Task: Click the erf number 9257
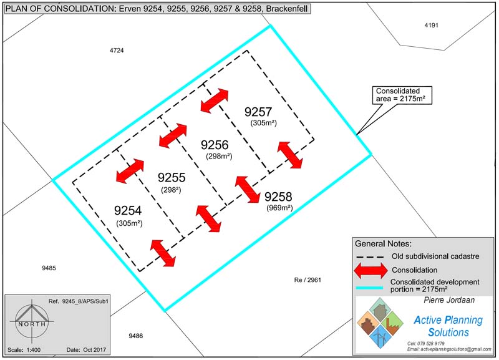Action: [258, 112]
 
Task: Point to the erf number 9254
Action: [129, 211]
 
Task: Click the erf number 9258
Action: [278, 197]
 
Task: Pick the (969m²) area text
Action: [279, 208]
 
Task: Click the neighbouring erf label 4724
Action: [116, 50]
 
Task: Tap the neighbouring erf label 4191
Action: [432, 25]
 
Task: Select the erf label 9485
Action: [49, 268]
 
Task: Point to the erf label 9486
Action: [136, 336]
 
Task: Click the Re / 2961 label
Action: [308, 280]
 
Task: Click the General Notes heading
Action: [383, 243]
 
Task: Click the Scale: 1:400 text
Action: [26, 348]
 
